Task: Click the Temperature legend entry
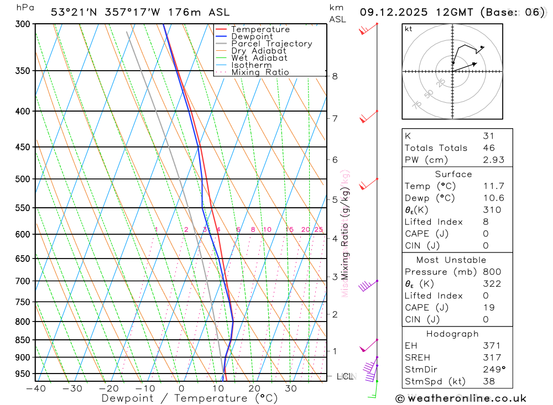tap(260, 29)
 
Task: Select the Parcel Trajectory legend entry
tap(272, 44)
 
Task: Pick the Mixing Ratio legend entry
tap(260, 72)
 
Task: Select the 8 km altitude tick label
tap(335, 76)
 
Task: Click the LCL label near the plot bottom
tap(345, 377)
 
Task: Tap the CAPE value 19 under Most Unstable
tap(488, 308)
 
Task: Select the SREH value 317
tap(492, 357)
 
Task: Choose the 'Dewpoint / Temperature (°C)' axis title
tap(190, 398)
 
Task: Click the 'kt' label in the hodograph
tap(409, 29)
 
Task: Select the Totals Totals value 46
tap(488, 148)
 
